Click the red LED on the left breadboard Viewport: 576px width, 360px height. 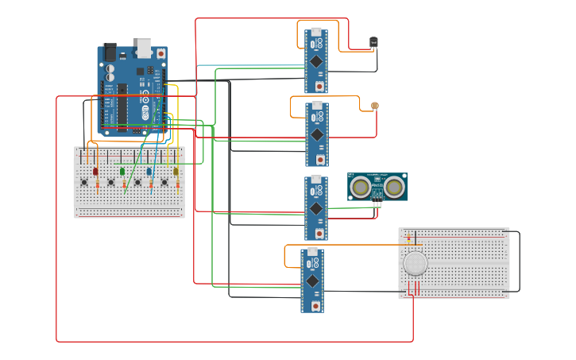click(95, 171)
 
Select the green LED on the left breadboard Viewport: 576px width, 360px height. click(122, 171)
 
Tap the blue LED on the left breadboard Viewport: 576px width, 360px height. click(149, 171)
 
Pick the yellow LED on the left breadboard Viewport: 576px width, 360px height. click(176, 171)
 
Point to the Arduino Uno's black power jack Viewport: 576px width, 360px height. click(109, 52)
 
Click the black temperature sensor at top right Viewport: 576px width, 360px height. click(373, 43)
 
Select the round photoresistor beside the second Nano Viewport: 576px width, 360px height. click(375, 106)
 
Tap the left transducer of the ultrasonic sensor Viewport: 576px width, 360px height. click(361, 187)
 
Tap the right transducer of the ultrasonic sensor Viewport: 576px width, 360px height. click(394, 187)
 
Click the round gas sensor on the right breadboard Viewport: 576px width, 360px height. click(415, 263)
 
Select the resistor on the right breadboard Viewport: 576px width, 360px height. click(409, 237)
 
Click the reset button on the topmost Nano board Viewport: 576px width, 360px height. click(319, 86)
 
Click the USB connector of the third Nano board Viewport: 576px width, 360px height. click(315, 181)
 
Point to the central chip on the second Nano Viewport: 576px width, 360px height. click(316, 134)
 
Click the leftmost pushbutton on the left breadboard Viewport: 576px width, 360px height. click(85, 184)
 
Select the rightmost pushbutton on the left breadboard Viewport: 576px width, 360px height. click(165, 184)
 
